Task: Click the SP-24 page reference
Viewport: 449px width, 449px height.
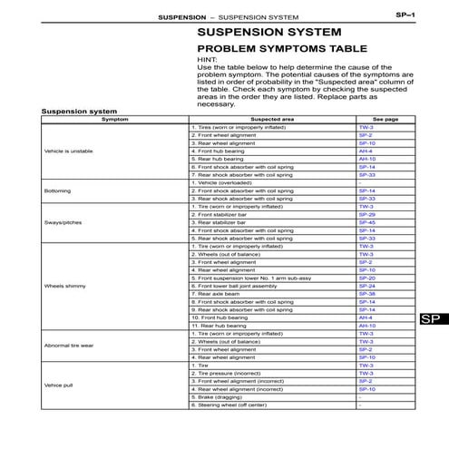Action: tap(366, 286)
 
